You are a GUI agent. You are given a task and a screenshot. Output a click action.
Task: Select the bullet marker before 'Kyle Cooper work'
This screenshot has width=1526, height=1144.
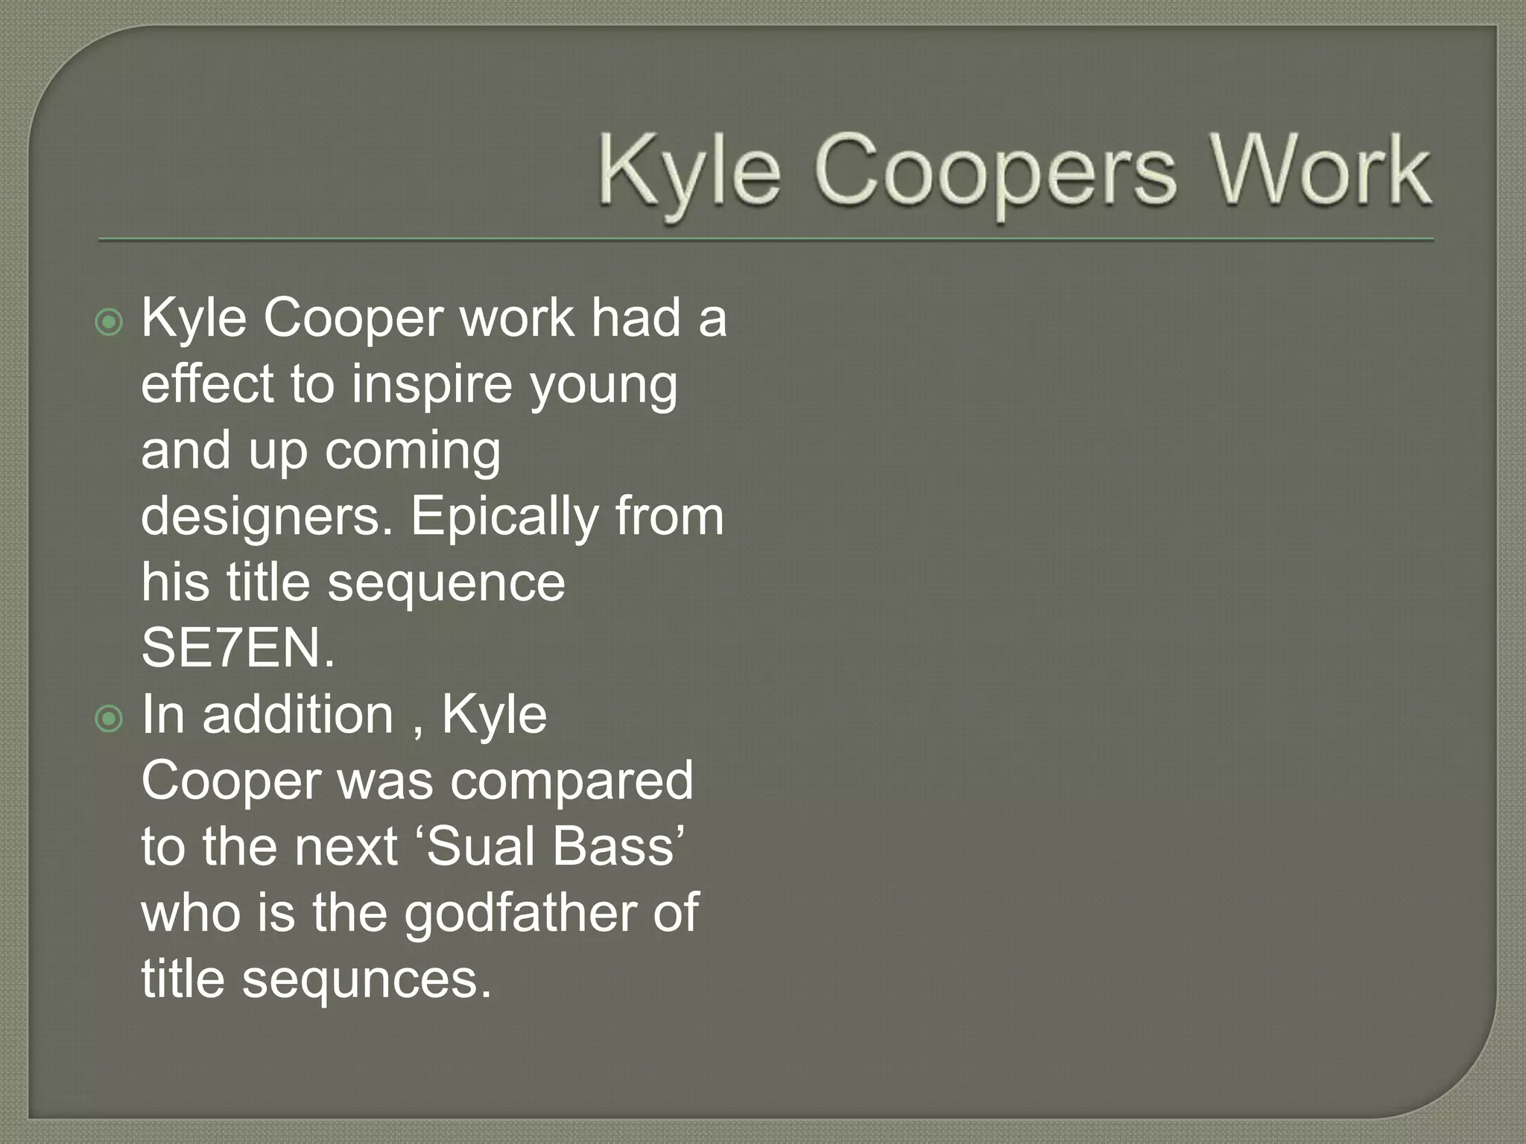tap(110, 322)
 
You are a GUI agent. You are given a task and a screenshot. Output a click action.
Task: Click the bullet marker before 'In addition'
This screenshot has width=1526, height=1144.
tap(110, 719)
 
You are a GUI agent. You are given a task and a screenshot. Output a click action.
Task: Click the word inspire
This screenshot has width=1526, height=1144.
tap(432, 384)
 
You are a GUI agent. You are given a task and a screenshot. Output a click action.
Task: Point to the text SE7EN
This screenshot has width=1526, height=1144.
tap(238, 648)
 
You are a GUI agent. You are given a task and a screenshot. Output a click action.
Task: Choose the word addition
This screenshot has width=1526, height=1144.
tap(298, 714)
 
